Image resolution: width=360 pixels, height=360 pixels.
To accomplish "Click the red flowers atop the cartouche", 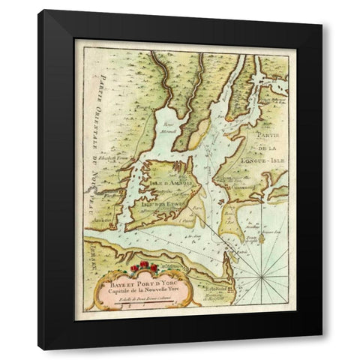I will pos(143,266).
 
